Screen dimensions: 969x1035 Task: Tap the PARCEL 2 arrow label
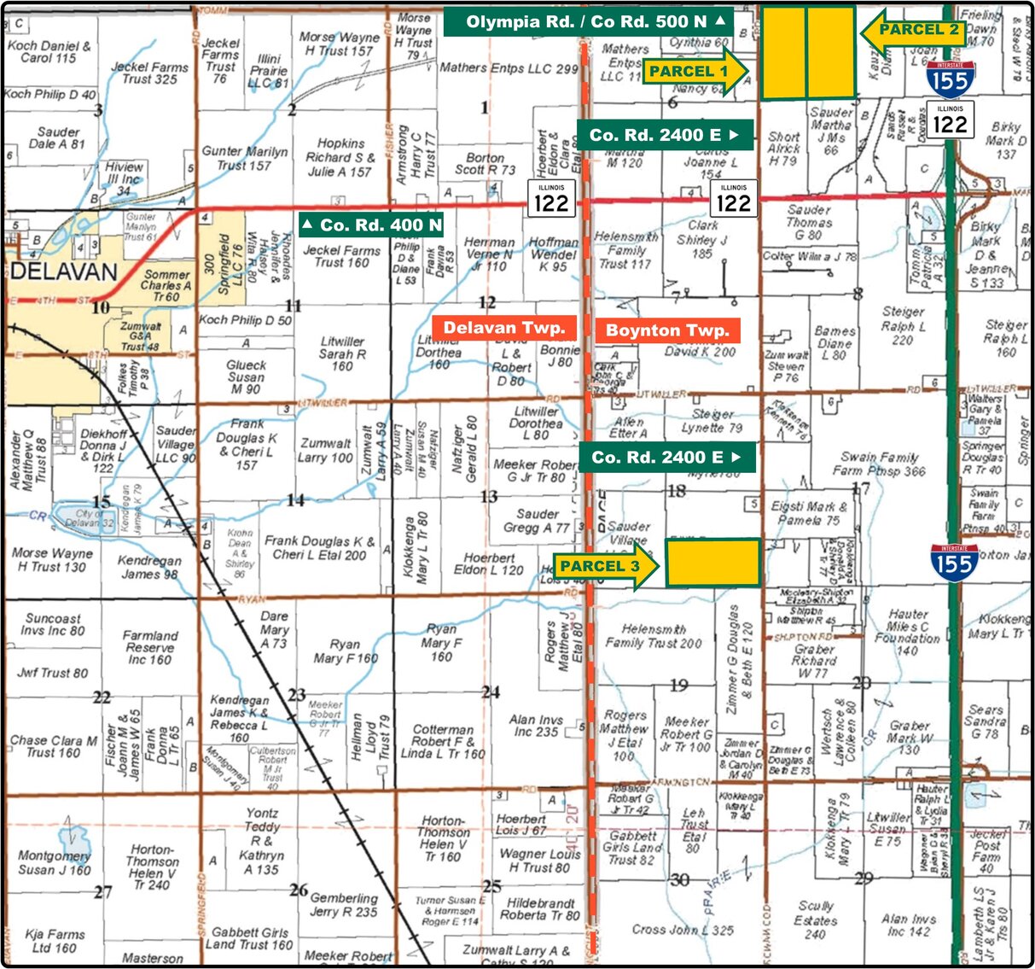[913, 31]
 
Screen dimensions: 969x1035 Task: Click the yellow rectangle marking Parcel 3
[712, 563]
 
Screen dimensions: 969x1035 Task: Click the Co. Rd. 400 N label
[372, 225]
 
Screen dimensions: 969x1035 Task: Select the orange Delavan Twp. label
[503, 329]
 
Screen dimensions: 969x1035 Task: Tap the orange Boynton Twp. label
[667, 330]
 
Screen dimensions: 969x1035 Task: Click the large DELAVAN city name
[64, 273]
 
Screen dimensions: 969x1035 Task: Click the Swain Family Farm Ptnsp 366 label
[879, 464]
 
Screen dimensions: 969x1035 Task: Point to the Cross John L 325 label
[683, 930]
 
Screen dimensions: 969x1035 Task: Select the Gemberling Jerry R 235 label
[344, 905]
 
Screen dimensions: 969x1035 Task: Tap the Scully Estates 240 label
[815, 919]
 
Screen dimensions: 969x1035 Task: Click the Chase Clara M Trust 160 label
[53, 746]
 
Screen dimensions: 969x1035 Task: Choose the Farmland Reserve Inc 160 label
[150, 647]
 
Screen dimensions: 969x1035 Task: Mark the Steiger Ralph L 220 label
[903, 325]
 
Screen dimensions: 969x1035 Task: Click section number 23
[296, 695]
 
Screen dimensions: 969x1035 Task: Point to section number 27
[102, 892]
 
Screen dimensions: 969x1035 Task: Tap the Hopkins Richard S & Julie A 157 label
[340, 158]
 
